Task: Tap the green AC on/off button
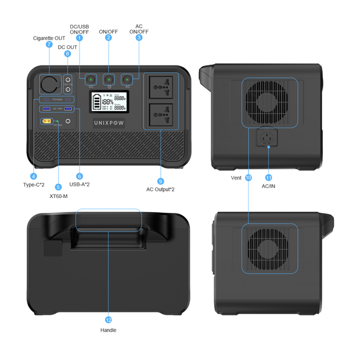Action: click(x=127, y=79)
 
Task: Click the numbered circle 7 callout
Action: click(x=49, y=44)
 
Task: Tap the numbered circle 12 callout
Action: click(x=109, y=319)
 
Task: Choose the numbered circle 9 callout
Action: click(x=161, y=181)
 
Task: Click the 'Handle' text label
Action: click(x=109, y=330)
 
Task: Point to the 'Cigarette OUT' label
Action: click(x=49, y=37)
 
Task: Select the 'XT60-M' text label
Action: click(x=58, y=196)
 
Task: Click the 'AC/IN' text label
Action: click(x=269, y=186)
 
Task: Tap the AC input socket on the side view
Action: click(x=269, y=138)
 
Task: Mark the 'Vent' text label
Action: click(x=236, y=178)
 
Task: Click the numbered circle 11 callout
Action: click(x=269, y=177)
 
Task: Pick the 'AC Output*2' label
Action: click(x=161, y=189)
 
